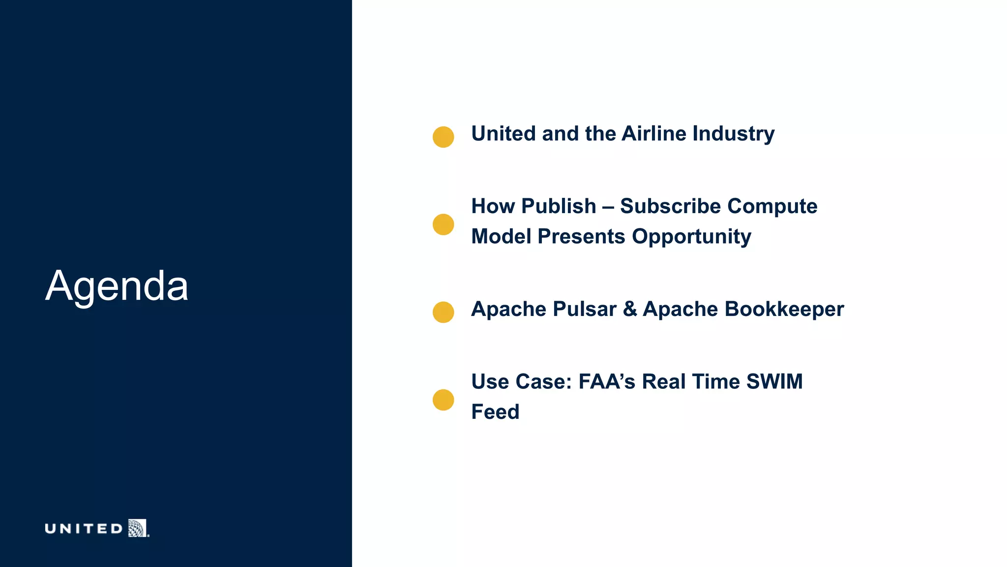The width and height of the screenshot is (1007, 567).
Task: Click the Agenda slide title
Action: [117, 286]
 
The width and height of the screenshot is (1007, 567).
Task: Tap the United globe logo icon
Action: [138, 528]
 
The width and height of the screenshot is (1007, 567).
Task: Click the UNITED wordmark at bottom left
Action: [84, 529]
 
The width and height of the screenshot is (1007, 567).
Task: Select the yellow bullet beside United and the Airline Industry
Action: [443, 137]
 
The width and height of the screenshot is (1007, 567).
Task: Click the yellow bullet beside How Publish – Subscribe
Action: [443, 224]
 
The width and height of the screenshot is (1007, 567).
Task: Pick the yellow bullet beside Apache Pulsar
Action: [443, 312]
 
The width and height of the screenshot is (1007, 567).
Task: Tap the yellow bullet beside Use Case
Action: [443, 400]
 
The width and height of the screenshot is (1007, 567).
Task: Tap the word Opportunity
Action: [691, 237]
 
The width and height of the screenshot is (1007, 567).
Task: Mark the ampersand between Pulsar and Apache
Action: [630, 309]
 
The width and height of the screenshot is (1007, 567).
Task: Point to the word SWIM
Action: [774, 381]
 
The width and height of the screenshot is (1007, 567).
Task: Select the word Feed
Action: [495, 412]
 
